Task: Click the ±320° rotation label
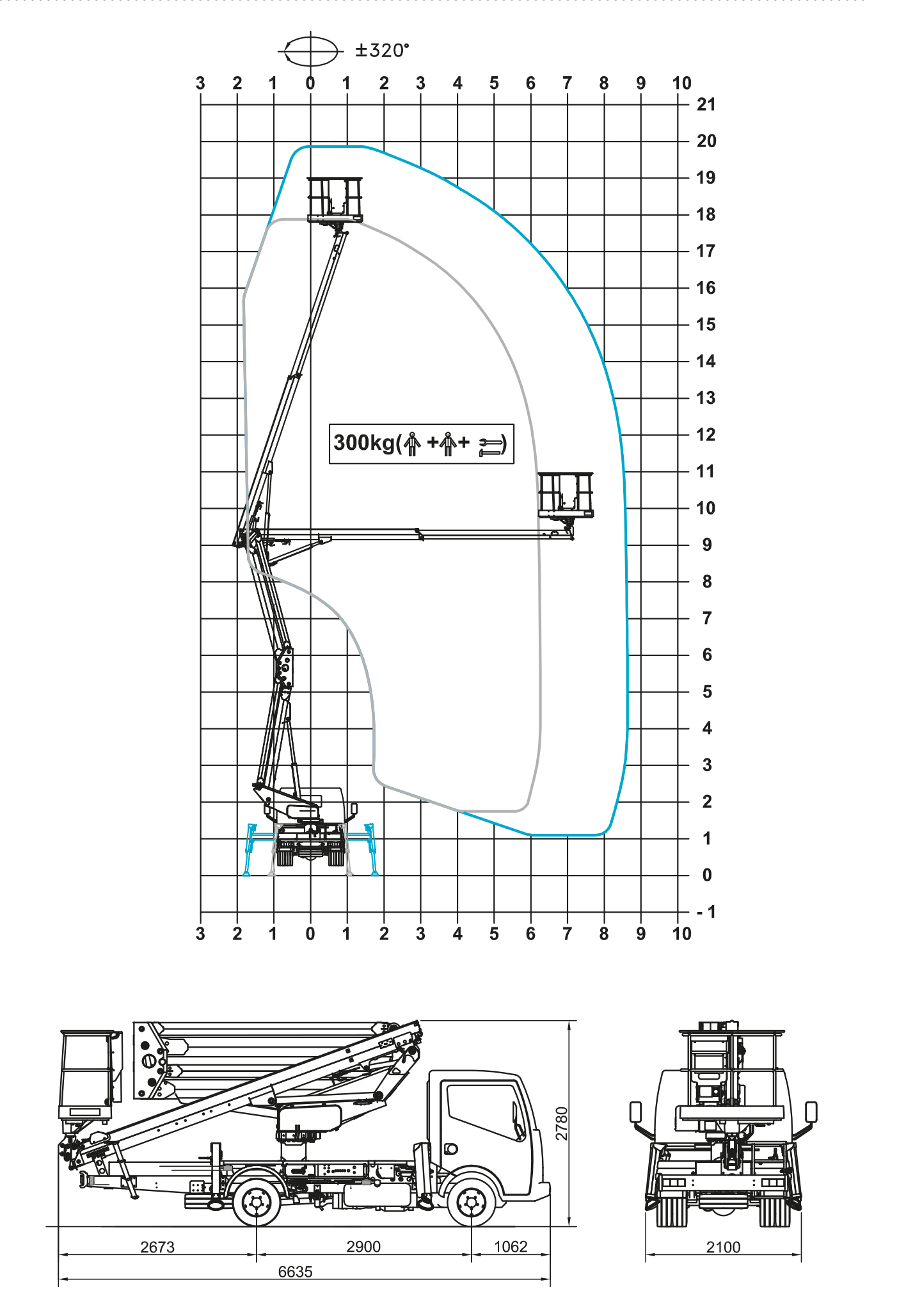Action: [382, 50]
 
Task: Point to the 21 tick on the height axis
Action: [706, 104]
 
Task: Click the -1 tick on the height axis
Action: [706, 912]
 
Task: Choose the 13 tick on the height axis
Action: [706, 398]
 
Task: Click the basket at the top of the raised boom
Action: [335, 200]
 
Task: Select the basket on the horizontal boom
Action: [566, 495]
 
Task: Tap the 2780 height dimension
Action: [561, 1123]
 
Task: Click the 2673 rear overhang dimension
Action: [157, 1247]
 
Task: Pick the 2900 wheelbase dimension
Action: [363, 1247]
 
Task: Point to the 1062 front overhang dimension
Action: [511, 1247]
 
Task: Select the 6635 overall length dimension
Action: [296, 1272]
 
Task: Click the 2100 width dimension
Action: [723, 1247]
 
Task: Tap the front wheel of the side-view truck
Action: [472, 1203]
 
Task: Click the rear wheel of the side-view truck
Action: [257, 1203]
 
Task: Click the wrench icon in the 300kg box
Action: [491, 447]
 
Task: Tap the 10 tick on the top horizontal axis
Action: [682, 84]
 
